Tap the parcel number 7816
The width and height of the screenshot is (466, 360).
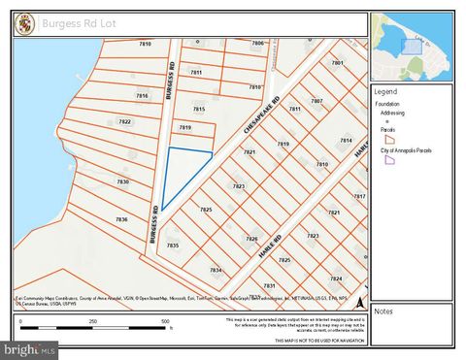tap(142, 96)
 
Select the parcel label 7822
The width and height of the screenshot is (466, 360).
tap(124, 122)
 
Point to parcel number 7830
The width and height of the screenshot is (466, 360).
tap(122, 181)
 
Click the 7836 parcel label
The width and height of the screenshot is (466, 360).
tap(121, 219)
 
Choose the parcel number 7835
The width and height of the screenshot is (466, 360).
tap(173, 245)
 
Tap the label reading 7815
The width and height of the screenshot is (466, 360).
tap(199, 109)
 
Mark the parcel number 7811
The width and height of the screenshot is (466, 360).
tap(196, 72)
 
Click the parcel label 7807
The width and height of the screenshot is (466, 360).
tap(316, 101)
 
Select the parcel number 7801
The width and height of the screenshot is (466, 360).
tap(337, 62)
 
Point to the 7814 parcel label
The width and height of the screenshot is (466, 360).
tap(346, 140)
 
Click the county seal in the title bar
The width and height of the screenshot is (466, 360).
tap(24, 22)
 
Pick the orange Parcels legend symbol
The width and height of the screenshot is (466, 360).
tap(389, 139)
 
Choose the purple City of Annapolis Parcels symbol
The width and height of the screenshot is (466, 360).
tap(389, 161)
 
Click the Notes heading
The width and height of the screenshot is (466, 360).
tap(383, 311)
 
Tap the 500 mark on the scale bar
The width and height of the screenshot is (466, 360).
tap(165, 321)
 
